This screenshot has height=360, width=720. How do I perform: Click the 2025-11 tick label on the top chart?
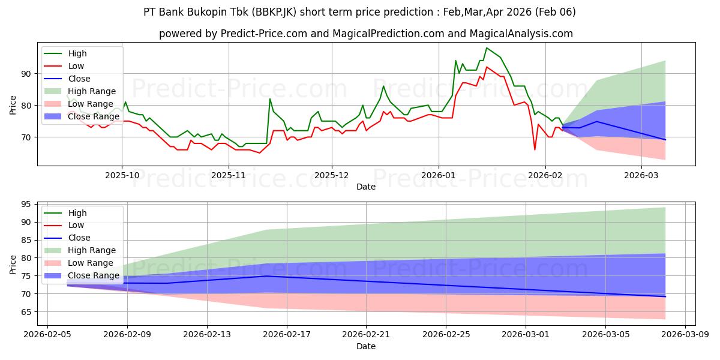(229, 175)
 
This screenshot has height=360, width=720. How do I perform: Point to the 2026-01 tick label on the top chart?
(438, 175)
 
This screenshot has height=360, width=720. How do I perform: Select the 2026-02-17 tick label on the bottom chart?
(286, 334)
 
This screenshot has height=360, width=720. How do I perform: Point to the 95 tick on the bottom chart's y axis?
(26, 204)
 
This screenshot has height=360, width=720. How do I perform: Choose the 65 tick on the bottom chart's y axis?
(26, 312)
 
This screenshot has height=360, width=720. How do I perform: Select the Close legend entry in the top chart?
(79, 79)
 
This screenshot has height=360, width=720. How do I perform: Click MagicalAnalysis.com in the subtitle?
(527, 34)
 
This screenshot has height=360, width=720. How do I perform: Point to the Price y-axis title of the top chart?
(13, 104)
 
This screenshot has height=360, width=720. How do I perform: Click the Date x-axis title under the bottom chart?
(366, 346)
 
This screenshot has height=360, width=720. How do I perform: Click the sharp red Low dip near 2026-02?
(535, 149)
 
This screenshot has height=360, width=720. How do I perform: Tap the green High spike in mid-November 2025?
(270, 99)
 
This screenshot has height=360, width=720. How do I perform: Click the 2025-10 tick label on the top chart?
(122, 175)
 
